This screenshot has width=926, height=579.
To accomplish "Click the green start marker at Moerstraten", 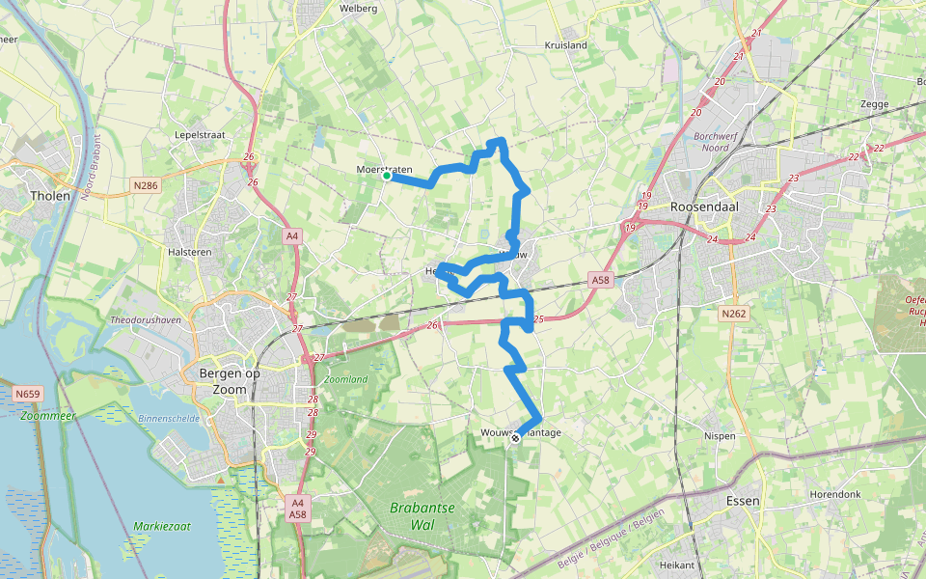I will point(386,176).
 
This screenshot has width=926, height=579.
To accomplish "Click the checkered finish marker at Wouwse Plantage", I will point(516,438).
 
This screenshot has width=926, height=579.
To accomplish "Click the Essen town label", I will point(743,501).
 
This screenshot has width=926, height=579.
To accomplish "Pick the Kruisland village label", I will point(565,45).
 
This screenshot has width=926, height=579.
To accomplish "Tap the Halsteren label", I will point(190,251).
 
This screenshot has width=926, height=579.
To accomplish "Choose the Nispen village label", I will point(720,436).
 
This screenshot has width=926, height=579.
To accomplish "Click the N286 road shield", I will point(146,185).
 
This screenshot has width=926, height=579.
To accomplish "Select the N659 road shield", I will point(28,394).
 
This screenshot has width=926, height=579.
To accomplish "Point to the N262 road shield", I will point(733,313).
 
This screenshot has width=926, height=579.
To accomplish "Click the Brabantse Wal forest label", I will point(422,516).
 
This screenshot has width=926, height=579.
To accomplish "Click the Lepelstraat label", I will point(200,135).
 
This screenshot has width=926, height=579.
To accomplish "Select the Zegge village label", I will point(874,102).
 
